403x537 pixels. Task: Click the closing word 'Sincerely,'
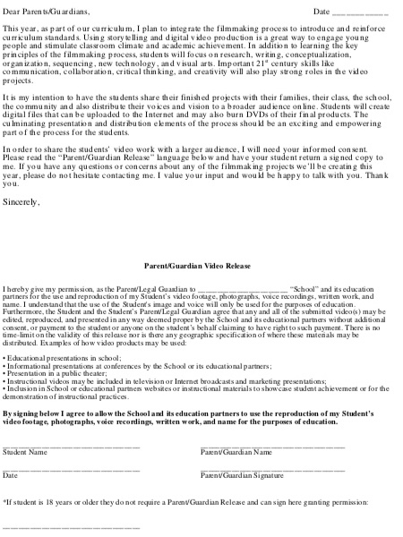coord(21,201)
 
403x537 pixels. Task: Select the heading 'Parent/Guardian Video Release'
coord(200,267)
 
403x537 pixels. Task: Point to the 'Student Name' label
coord(25,452)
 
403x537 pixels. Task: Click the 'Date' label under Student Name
coord(11,474)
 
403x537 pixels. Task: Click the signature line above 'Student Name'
coord(72,445)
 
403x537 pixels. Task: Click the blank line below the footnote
coord(72,528)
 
